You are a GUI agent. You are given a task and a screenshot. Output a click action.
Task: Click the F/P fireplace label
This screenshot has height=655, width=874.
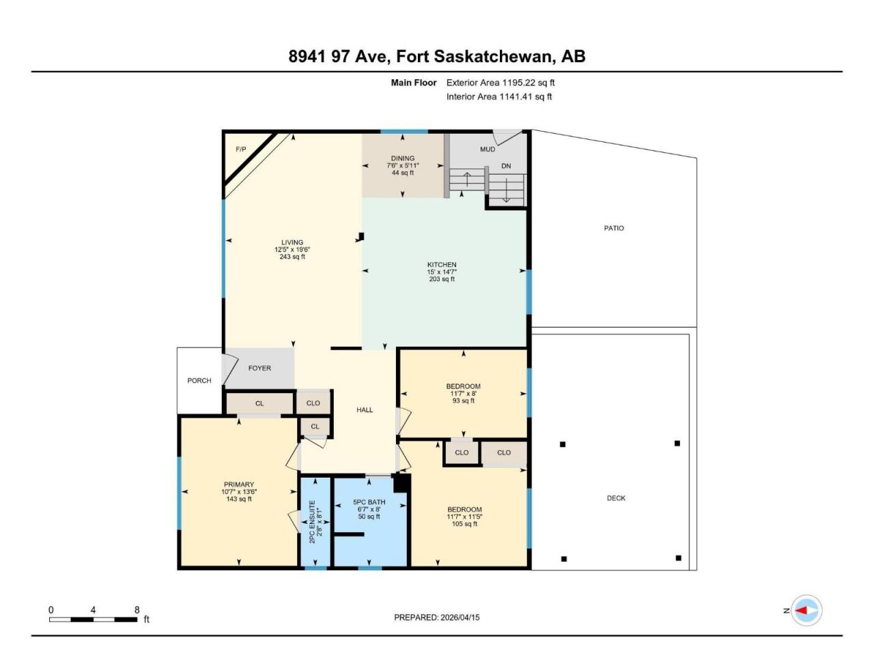(241, 149)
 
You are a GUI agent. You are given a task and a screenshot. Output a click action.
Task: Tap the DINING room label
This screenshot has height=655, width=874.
(403, 158)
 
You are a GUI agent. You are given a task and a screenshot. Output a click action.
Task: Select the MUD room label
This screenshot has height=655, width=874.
(488, 149)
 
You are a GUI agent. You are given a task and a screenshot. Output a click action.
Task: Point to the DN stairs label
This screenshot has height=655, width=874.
(506, 166)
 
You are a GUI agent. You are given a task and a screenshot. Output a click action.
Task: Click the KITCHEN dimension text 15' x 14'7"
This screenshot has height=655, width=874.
(442, 272)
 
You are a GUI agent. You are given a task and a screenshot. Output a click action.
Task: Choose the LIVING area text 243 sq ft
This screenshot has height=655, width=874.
(292, 257)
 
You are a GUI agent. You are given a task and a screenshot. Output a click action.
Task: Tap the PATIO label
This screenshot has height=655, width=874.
(614, 229)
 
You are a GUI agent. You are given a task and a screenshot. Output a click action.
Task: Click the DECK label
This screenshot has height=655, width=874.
(616, 498)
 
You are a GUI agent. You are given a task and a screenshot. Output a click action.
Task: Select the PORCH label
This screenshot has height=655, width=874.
(199, 381)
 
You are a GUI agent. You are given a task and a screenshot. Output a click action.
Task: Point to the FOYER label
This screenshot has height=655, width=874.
(259, 368)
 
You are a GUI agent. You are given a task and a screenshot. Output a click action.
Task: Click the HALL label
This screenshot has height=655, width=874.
(365, 409)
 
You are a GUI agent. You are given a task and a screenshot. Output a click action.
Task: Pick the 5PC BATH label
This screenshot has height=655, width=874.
(369, 502)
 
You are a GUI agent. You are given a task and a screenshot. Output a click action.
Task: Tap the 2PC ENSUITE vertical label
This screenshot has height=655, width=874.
(312, 522)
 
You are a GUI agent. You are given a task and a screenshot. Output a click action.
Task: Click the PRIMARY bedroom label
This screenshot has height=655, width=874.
(239, 484)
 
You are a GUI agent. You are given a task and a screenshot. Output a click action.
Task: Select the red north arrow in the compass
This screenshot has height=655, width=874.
(801, 610)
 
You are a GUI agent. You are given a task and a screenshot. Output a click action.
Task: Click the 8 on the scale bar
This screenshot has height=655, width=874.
(137, 610)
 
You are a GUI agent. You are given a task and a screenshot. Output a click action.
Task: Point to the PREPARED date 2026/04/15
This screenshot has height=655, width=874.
(460, 617)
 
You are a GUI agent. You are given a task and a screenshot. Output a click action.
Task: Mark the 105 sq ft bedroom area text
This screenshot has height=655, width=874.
(465, 524)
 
